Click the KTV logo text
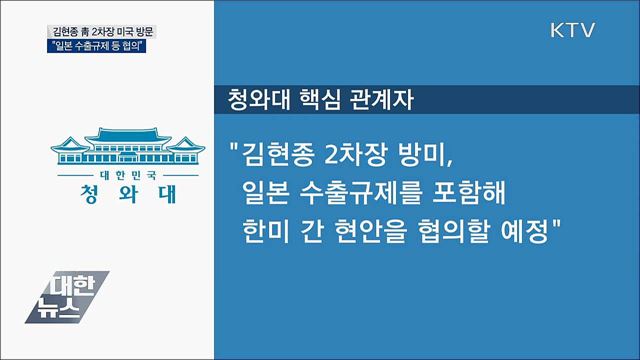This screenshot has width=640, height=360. click(573, 30)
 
